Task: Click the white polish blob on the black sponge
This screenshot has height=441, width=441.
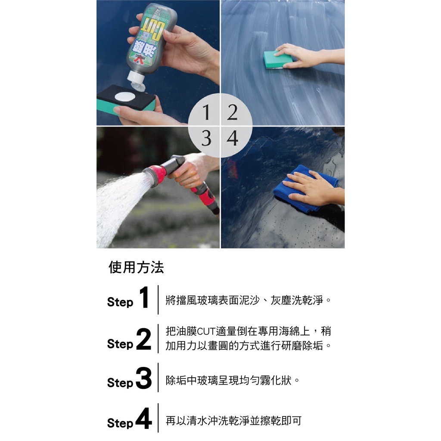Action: (x=125, y=97)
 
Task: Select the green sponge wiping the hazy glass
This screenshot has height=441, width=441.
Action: (x=278, y=59)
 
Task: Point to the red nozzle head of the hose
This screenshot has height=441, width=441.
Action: (x=155, y=176)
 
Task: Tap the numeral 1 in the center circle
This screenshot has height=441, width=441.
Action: (x=206, y=112)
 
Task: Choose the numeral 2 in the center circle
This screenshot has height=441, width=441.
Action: (x=232, y=112)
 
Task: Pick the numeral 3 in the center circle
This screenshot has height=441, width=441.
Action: (x=206, y=138)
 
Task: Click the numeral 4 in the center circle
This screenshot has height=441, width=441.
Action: (x=233, y=138)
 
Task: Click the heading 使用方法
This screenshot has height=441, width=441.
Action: (x=136, y=267)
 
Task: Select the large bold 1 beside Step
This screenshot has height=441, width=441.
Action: (x=144, y=298)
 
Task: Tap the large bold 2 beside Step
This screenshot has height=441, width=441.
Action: (x=144, y=339)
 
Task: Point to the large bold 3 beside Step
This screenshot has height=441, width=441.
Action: (x=144, y=378)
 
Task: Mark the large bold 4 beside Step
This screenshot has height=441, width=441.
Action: (x=144, y=419)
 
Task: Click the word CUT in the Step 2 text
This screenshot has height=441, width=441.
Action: (x=206, y=332)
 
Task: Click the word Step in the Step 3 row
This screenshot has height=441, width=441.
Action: (x=120, y=383)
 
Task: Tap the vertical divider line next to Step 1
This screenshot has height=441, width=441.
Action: (x=158, y=300)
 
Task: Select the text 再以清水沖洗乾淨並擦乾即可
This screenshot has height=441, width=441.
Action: (x=234, y=421)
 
